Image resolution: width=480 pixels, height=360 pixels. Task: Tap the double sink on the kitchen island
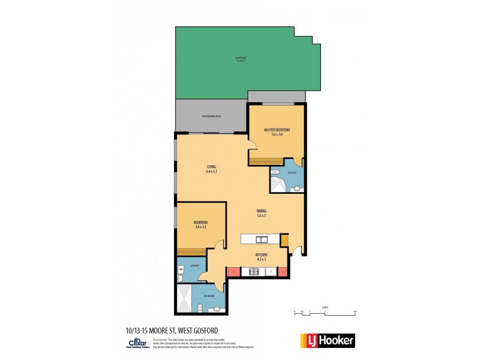(261, 239)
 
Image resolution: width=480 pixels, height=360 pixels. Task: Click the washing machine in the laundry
(181, 270)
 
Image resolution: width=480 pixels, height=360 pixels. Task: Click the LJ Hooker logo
(327, 340)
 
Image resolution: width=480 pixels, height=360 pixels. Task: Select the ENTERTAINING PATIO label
(212, 116)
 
